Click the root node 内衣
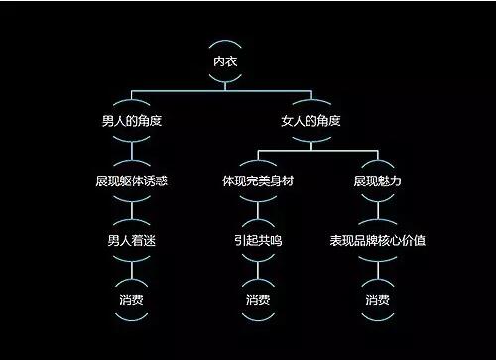point(226,61)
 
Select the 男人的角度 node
point(132,122)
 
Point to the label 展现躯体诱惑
point(132,181)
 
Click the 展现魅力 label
point(377,181)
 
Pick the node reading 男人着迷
point(132,241)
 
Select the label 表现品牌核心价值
point(377,241)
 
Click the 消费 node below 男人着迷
point(132,300)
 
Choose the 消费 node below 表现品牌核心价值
point(377,300)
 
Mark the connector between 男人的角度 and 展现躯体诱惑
point(132,152)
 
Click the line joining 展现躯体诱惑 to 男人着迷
point(132,211)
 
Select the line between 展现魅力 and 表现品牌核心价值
point(377,211)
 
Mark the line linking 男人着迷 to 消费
point(132,271)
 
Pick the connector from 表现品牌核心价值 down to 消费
point(377,271)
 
